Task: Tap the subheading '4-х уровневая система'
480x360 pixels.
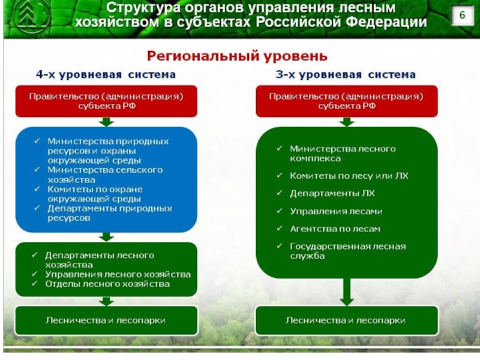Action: (x=106, y=75)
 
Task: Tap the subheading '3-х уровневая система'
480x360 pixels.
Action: (x=346, y=75)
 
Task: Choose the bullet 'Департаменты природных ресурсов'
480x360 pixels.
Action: (x=109, y=213)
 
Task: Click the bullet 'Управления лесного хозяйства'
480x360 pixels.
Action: (x=118, y=274)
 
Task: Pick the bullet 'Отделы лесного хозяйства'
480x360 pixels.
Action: (x=107, y=284)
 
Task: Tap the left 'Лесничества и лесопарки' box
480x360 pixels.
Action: (x=106, y=320)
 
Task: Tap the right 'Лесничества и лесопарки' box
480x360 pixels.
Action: (x=346, y=320)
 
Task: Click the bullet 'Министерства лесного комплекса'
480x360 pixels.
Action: (x=342, y=154)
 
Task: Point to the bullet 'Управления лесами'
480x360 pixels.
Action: (x=336, y=211)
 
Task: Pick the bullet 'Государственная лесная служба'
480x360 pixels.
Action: (x=347, y=251)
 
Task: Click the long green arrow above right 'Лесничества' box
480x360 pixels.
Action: (x=346, y=292)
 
